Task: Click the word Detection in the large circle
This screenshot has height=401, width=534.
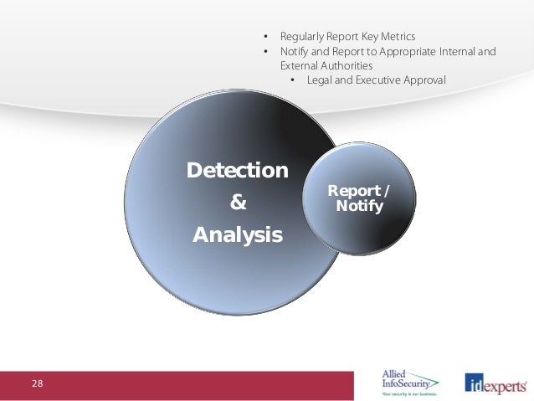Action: (238, 171)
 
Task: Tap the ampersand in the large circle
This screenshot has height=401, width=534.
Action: (238, 203)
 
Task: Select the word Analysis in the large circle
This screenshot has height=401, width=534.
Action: (238, 235)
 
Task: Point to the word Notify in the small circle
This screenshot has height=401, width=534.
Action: (358, 205)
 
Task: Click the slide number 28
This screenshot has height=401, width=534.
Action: (38, 383)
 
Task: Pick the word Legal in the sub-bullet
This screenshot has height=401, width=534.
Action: (321, 80)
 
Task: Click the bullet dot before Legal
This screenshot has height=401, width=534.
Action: (293, 80)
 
